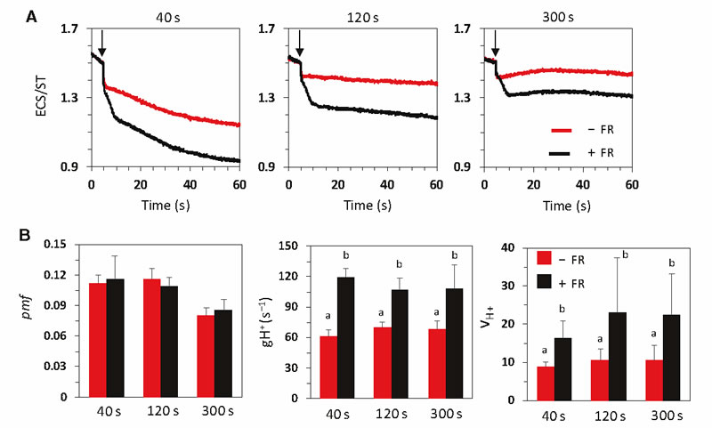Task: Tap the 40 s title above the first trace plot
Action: (167, 14)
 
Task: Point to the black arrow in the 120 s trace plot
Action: (299, 42)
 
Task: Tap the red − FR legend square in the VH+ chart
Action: (544, 258)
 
